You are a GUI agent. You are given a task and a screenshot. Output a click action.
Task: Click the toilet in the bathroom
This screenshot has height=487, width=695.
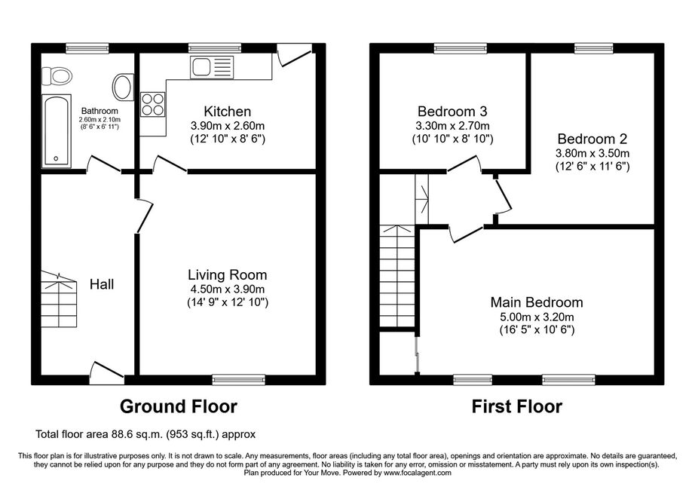[x=57, y=76]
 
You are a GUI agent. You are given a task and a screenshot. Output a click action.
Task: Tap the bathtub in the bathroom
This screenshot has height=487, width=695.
[x=57, y=131]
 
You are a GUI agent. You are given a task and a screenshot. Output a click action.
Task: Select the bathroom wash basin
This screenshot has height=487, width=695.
[x=123, y=87]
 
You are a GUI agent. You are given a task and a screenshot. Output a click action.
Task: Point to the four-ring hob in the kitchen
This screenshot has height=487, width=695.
[x=152, y=105]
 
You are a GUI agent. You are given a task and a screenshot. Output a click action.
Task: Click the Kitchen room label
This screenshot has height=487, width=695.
[x=228, y=112]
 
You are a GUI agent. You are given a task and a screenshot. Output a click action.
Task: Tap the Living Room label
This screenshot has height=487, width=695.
[x=228, y=274]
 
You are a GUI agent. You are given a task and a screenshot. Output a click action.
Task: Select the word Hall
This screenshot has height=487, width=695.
[x=102, y=284]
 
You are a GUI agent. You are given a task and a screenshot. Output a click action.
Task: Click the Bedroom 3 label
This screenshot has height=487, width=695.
[x=452, y=111]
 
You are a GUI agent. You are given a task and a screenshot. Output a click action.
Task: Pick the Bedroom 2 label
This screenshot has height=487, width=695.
[x=592, y=139]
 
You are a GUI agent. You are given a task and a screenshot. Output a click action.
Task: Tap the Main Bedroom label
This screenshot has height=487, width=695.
[x=536, y=302]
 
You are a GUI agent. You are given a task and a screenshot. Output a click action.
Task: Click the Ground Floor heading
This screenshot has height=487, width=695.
[x=179, y=406]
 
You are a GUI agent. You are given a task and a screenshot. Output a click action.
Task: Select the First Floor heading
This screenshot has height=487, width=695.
[x=517, y=406]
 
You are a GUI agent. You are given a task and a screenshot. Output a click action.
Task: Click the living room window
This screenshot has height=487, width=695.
[x=238, y=379]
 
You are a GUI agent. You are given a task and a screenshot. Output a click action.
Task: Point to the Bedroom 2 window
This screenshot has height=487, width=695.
[x=594, y=47]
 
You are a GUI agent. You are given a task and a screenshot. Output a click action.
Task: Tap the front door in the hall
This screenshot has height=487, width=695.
[x=107, y=373]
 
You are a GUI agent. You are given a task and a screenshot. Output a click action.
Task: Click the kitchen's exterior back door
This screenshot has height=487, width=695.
[x=295, y=54]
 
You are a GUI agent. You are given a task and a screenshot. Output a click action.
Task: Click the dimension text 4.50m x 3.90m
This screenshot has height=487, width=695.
[x=228, y=289]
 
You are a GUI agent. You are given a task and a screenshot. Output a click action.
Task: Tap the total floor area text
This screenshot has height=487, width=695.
[x=145, y=434]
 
